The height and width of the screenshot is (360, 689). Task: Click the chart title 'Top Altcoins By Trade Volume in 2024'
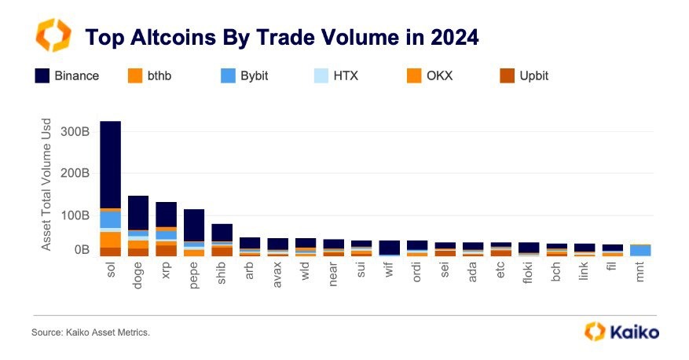tap(281, 38)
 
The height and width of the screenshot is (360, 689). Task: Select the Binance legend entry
tap(67, 76)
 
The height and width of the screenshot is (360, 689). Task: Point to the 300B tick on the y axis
tap(75, 131)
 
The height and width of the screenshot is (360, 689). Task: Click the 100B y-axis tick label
tap(75, 214)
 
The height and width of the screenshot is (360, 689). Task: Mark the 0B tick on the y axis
tap(82, 250)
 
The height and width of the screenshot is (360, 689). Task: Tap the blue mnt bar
tap(640, 251)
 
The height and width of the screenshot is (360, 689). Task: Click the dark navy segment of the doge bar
tap(138, 212)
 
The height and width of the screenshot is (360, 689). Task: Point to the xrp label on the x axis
tap(167, 272)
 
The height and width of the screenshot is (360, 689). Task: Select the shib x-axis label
tap(222, 274)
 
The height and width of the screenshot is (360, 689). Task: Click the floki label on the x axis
tap(530, 274)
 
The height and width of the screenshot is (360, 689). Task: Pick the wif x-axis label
tap(390, 272)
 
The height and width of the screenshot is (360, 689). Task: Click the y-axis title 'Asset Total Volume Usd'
tap(46, 186)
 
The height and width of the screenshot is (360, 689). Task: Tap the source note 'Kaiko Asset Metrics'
tap(90, 332)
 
